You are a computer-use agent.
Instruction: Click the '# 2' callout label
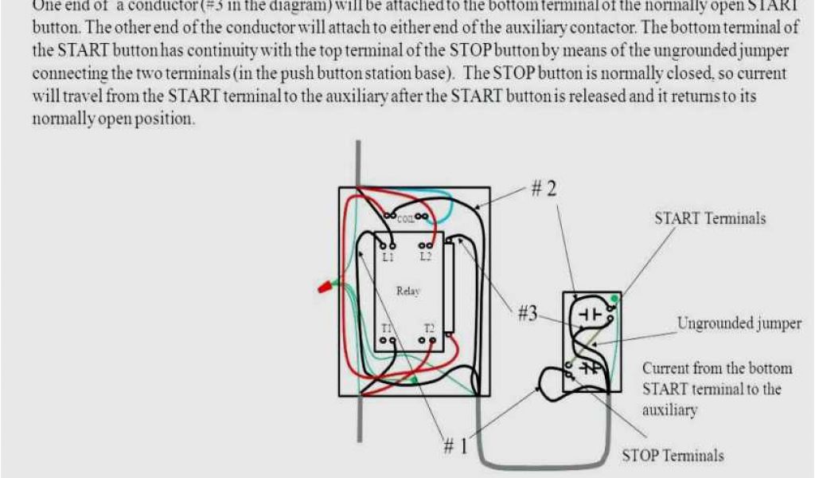(544, 190)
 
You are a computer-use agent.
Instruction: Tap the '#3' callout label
(527, 313)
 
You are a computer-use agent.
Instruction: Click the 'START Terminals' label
(710, 218)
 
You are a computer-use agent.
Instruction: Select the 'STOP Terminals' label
(673, 456)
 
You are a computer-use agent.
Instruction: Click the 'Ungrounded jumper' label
(739, 323)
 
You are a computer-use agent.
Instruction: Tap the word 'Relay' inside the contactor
(407, 292)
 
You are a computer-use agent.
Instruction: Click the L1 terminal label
(388, 257)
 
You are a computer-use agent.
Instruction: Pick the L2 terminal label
(427, 257)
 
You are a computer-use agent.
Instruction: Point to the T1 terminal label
(386, 328)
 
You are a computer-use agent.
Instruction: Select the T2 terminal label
(429, 328)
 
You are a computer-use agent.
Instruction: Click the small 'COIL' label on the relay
(406, 217)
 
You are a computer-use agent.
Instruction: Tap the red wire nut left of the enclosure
(325, 286)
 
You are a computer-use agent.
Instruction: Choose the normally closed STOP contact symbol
(590, 367)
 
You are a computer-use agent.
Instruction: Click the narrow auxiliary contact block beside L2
(450, 287)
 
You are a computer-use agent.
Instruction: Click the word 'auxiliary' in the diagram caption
(669, 410)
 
